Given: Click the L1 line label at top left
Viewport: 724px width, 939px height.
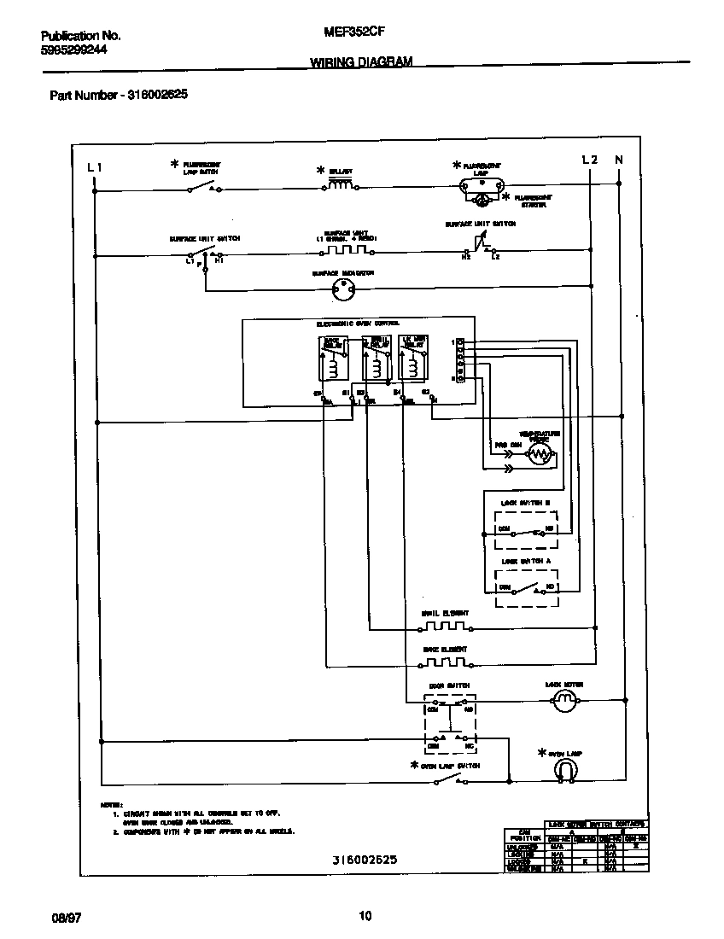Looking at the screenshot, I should coord(95,167).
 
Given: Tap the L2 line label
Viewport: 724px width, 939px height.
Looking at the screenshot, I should coord(590,160).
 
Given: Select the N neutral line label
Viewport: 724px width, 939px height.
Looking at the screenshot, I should coord(619,160).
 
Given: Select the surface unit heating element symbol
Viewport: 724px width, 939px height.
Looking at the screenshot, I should coord(346,250).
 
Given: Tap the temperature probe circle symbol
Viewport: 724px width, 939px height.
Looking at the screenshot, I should coord(538,455).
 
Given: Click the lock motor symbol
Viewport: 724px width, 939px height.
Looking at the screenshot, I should coord(563,701).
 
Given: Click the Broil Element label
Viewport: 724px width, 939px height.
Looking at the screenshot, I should coord(445,613).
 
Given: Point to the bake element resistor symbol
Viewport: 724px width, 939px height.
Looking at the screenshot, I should coord(444,662).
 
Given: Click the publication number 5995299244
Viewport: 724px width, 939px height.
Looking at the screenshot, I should coord(74,50).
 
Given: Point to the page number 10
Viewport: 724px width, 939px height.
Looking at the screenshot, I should coord(365,917).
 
